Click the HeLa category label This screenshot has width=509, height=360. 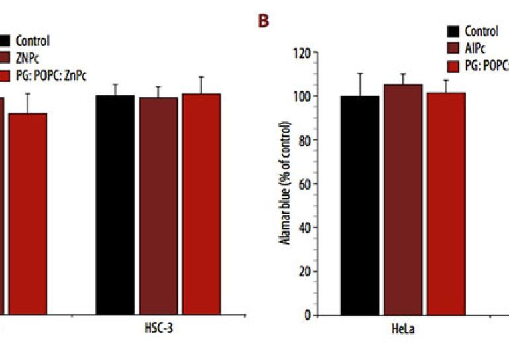tap(403, 330)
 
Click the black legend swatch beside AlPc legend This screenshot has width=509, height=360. tap(454, 31)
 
